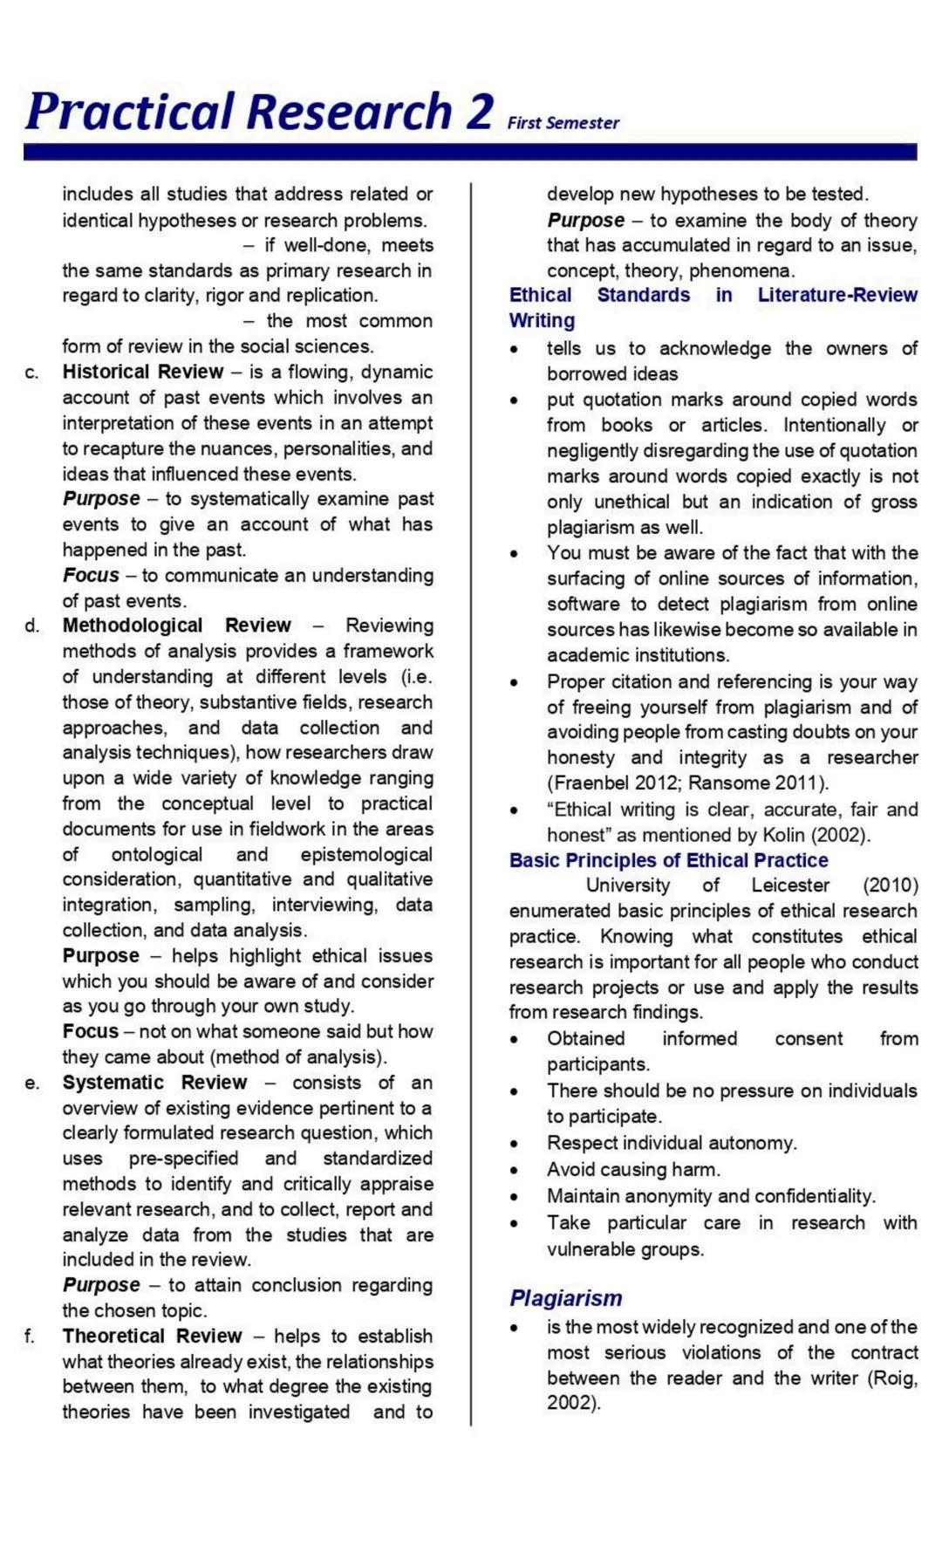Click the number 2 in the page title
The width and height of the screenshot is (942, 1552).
479,113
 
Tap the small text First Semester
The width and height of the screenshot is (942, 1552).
563,123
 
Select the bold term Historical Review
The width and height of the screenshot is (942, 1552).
142,372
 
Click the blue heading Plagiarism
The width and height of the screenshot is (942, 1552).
565,1298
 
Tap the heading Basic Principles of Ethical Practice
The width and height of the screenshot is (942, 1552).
668,860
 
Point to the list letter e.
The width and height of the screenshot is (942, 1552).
31,1084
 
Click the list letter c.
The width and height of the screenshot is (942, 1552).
31,373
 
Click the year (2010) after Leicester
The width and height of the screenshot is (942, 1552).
890,885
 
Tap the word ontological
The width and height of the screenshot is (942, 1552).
156,855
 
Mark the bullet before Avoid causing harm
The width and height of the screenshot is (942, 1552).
515,1171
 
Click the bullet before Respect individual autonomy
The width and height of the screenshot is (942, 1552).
515,1144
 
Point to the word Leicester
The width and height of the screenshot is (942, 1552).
790,885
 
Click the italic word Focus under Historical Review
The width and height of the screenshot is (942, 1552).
91,576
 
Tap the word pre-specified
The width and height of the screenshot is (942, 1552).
183,1159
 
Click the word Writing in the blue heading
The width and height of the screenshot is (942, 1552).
542,321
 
